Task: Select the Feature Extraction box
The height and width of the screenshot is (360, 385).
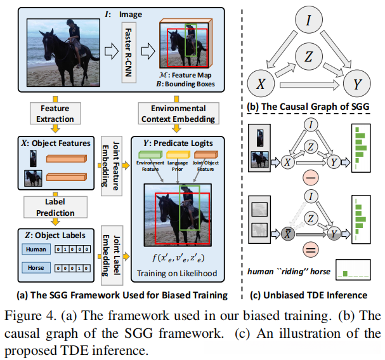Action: point(54,114)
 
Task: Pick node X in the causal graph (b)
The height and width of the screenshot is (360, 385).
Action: point(261,83)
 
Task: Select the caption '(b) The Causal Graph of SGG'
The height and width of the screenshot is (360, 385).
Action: point(309,105)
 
